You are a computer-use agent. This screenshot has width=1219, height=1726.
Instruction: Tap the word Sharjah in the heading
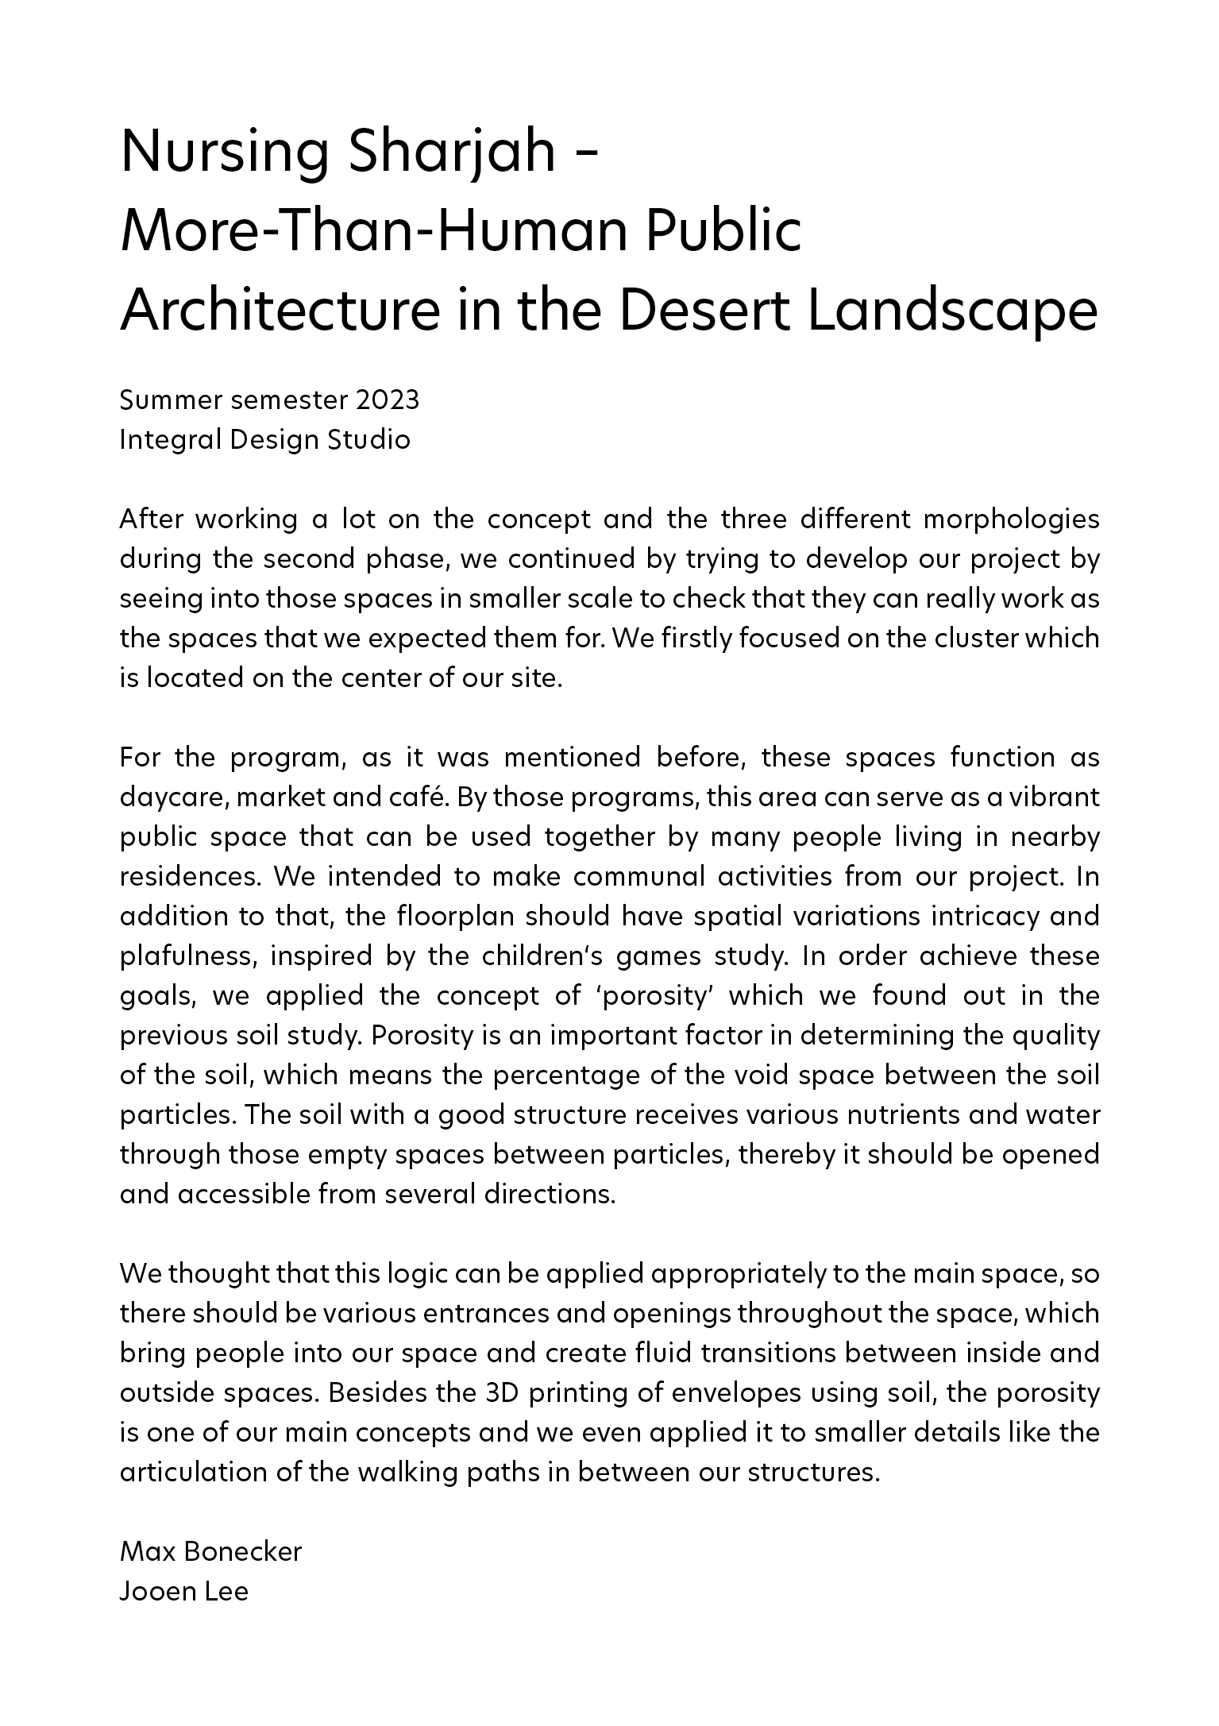[451, 153]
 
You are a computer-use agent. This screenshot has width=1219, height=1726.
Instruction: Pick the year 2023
[387, 400]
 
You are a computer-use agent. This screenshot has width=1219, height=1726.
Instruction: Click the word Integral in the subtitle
[168, 440]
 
